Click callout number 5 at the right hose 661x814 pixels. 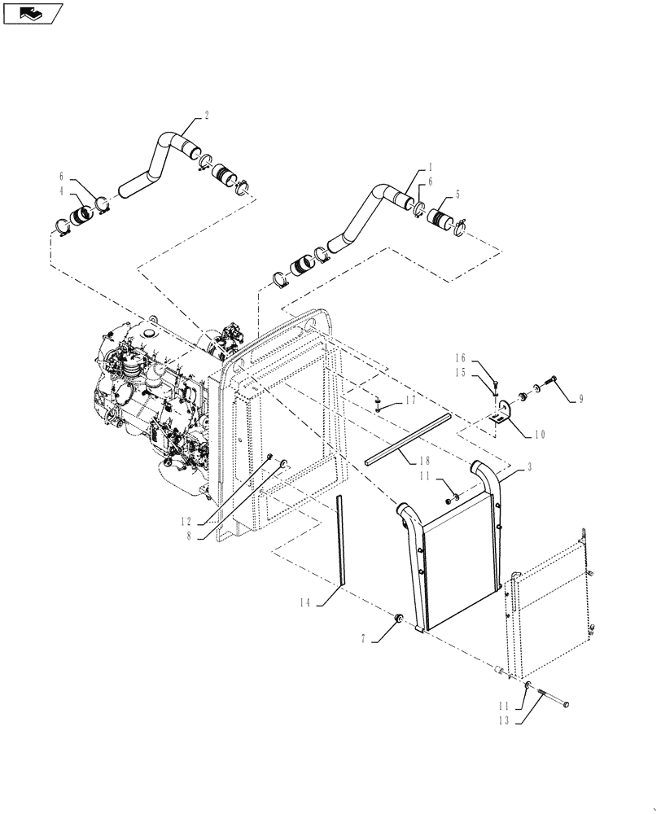[x=457, y=195]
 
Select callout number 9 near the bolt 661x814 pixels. [x=580, y=400]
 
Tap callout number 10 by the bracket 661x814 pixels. [x=538, y=434]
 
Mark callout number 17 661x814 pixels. [x=411, y=401]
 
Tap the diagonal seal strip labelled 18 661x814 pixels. [x=407, y=439]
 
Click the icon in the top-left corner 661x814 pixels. [x=33, y=12]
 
